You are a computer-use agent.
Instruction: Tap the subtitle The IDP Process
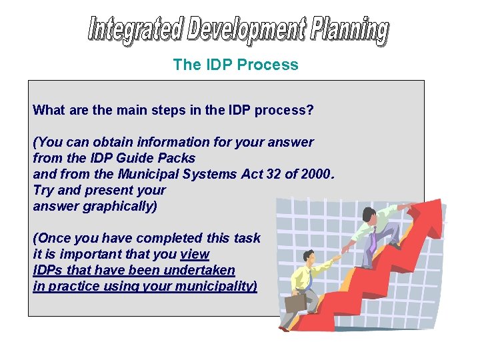pyautogui.click(x=235, y=65)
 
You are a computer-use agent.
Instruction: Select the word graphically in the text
pyautogui.click(x=120, y=206)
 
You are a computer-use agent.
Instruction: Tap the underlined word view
pyautogui.click(x=195, y=254)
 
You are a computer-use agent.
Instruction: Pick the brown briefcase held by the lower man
pyautogui.click(x=295, y=303)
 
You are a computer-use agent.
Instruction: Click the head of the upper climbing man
pyautogui.click(x=367, y=215)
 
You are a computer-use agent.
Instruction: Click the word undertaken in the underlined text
pyautogui.click(x=201, y=270)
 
